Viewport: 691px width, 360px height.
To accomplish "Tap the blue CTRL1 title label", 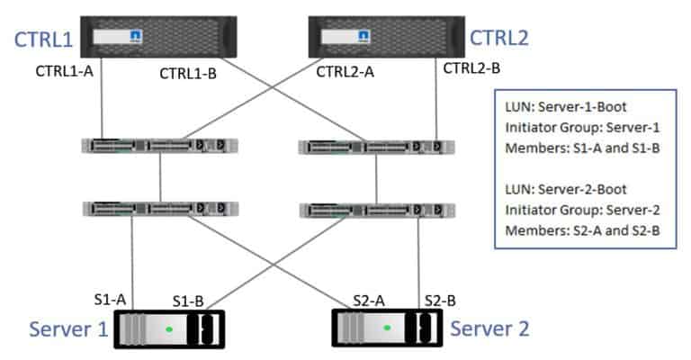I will tap(42, 39).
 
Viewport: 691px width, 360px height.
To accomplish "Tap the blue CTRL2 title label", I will tap(500, 39).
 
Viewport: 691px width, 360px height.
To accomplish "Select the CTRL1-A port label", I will tap(65, 71).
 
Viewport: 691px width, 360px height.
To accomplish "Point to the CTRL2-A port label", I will tap(345, 72).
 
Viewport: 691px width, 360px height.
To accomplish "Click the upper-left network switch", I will tap(159, 146).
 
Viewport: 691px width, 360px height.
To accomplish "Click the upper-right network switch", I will tap(376, 146).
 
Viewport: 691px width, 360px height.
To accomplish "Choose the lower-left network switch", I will tap(159, 209).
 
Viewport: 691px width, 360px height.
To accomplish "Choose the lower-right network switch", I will tap(376, 209).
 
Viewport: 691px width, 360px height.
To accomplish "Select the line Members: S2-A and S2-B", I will tap(583, 229).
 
